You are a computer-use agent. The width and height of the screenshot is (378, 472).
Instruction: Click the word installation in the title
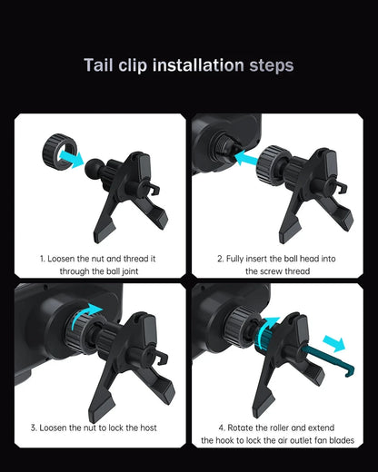[197, 65]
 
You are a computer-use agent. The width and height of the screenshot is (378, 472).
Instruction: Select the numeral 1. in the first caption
[42, 258]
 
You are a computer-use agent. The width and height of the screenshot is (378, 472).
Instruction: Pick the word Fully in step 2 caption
[239, 258]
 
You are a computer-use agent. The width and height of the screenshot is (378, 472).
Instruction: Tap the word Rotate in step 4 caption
[241, 427]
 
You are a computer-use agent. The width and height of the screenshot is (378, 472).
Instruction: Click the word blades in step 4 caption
[334, 440]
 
